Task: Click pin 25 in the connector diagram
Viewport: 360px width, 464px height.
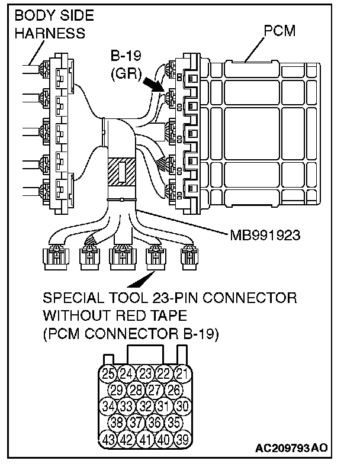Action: pos(108,373)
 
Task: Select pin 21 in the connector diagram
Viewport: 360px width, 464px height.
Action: pos(183,373)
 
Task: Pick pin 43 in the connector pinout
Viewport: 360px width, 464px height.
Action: pos(108,440)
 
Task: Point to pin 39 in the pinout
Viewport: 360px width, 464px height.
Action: pos(183,440)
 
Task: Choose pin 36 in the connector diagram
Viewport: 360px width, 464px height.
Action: pos(155,423)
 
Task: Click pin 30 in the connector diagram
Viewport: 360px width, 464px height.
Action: pos(183,407)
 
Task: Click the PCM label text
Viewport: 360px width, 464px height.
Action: pos(279,31)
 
